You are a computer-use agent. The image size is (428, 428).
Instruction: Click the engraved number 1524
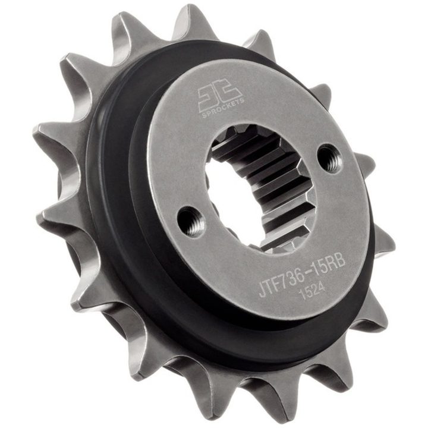(x=312, y=292)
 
